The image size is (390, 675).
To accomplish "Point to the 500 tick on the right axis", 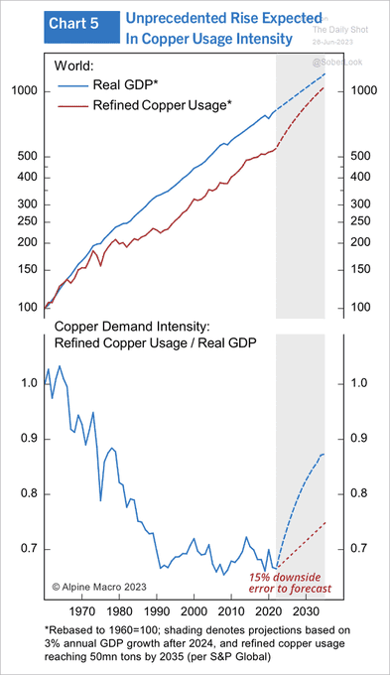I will coord(351,157).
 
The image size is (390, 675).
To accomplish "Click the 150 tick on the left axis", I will coord(30,270).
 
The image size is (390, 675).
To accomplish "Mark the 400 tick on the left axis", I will coord(30,178).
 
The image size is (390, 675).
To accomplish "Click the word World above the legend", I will coord(72,65).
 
